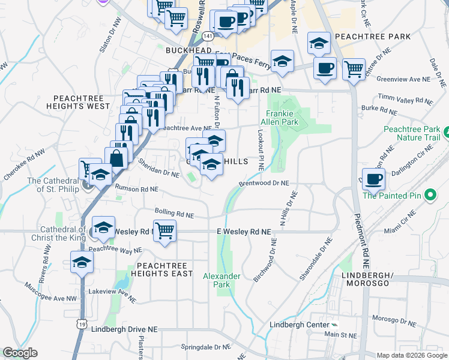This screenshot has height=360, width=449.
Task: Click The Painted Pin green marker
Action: point(430,195)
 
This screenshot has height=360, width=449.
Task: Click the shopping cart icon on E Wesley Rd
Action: point(164,230)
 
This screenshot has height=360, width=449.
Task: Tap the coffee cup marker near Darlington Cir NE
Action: point(373,179)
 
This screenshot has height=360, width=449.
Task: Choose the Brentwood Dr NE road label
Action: point(264,183)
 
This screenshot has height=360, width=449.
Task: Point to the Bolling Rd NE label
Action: point(174,213)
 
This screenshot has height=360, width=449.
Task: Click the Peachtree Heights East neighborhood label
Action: point(164,269)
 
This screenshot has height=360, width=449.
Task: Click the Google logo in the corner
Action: point(20,352)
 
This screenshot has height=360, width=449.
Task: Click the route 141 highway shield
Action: point(207,36)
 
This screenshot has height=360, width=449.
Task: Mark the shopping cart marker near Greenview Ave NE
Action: point(354,69)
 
